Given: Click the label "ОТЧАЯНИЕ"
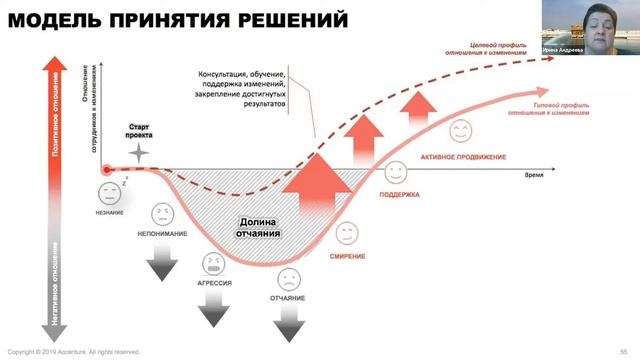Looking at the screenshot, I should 289,297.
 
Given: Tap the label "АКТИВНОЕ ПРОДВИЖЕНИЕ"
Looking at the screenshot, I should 463,157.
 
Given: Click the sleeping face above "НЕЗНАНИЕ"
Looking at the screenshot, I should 107,193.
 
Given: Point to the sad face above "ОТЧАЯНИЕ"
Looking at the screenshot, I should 289,277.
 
